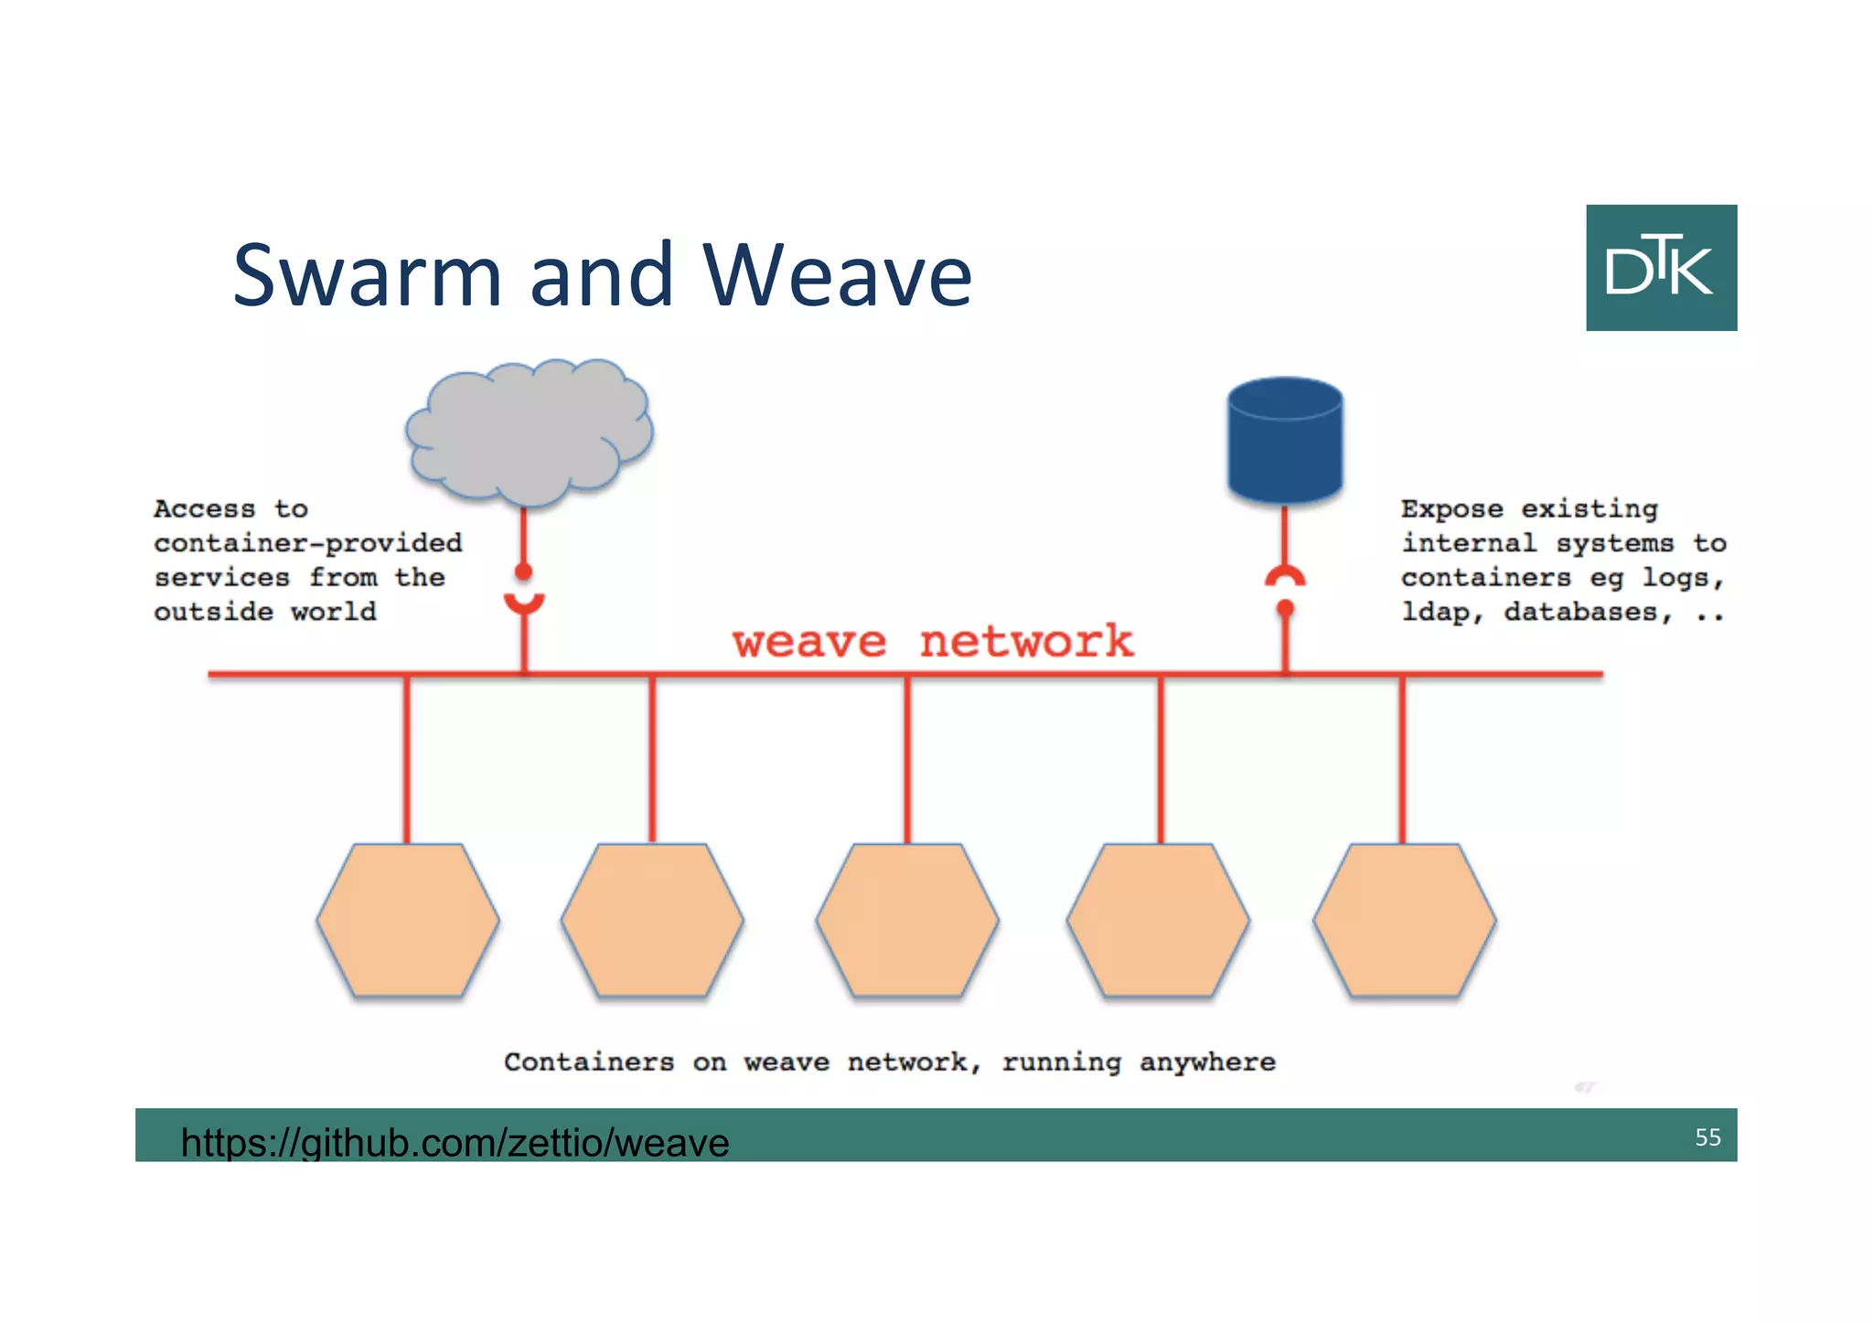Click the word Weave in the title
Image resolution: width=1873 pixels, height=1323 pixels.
(837, 274)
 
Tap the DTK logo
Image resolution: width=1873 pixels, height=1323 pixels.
(1661, 267)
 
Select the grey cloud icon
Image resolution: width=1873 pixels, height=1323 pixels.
(529, 432)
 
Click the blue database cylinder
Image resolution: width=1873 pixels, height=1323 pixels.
(1285, 441)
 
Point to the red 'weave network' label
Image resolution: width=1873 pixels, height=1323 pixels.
(933, 641)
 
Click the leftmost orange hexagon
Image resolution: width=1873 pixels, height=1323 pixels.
(408, 920)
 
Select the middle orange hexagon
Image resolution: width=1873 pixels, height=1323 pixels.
(907, 920)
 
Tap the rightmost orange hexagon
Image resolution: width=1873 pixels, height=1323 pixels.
(1404, 920)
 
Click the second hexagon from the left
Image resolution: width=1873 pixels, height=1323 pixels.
(652, 920)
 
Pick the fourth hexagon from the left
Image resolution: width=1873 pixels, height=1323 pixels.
(1158, 920)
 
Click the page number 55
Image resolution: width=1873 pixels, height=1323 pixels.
(1707, 1136)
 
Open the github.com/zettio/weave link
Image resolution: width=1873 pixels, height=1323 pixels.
(455, 1142)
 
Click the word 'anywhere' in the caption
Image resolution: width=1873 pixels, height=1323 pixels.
(1207, 1062)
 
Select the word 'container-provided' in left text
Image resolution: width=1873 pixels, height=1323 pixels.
(308, 543)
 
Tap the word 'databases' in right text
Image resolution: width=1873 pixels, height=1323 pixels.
(1581, 612)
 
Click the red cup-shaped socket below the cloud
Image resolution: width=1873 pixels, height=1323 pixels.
(524, 603)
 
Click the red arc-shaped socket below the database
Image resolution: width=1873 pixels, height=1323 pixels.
(1285, 577)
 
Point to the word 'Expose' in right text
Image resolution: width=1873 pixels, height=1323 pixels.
(1451, 508)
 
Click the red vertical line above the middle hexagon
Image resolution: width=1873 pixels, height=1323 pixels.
(907, 759)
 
